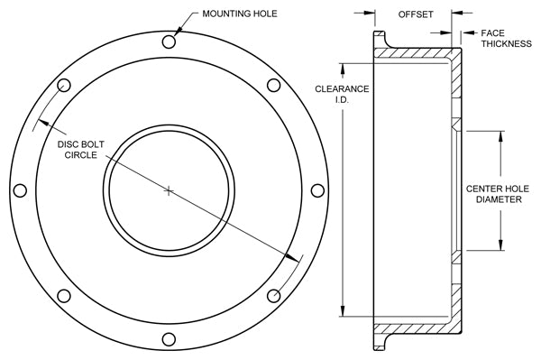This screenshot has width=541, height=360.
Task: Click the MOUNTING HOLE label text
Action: pos(240,14)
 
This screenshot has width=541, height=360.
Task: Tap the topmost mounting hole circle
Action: pos(169,42)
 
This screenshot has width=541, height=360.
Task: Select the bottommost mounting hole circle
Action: pos(169,339)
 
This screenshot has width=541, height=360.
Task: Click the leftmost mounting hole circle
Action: pos(20,190)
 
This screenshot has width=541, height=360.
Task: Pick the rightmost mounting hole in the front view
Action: pos(317,190)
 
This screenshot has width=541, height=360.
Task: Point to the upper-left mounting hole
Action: pos(63,85)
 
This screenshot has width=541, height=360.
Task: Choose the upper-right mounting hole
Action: pos(273,85)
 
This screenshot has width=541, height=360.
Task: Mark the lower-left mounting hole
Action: pos(63,296)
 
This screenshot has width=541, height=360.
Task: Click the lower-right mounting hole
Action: pos(273,296)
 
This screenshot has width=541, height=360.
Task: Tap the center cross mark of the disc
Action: pos(169,190)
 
